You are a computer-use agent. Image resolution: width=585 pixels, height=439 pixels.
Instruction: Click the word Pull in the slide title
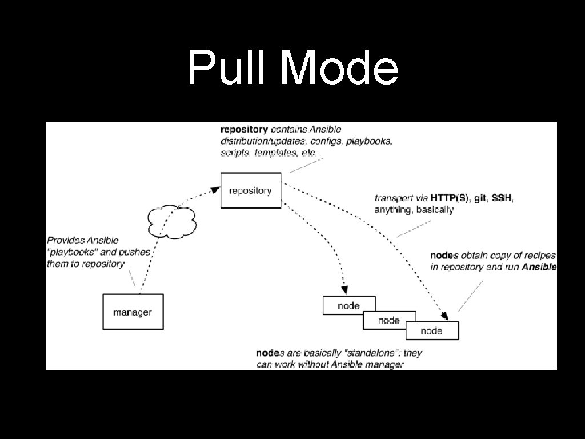pos(228,67)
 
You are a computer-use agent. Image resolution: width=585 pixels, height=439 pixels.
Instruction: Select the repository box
pos(250,190)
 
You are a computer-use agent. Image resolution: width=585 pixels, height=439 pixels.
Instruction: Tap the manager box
pos(133,312)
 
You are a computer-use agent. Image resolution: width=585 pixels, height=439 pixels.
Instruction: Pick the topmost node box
pos(348,305)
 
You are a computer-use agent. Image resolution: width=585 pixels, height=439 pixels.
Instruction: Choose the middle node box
pos(389,320)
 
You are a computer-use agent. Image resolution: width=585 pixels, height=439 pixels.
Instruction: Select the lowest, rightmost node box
pos(431,330)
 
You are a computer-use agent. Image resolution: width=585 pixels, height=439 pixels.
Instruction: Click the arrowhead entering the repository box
pos(216,189)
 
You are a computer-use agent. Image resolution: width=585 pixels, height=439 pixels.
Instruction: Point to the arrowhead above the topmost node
pos(344,290)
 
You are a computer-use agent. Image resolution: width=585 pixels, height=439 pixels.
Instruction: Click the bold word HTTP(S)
pos(449,198)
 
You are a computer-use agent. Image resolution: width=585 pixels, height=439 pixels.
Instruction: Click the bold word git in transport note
pos(480,198)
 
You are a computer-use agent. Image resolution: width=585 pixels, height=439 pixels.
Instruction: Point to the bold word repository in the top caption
pos(244,130)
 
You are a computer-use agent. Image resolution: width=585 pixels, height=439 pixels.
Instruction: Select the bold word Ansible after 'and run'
pos(539,267)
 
